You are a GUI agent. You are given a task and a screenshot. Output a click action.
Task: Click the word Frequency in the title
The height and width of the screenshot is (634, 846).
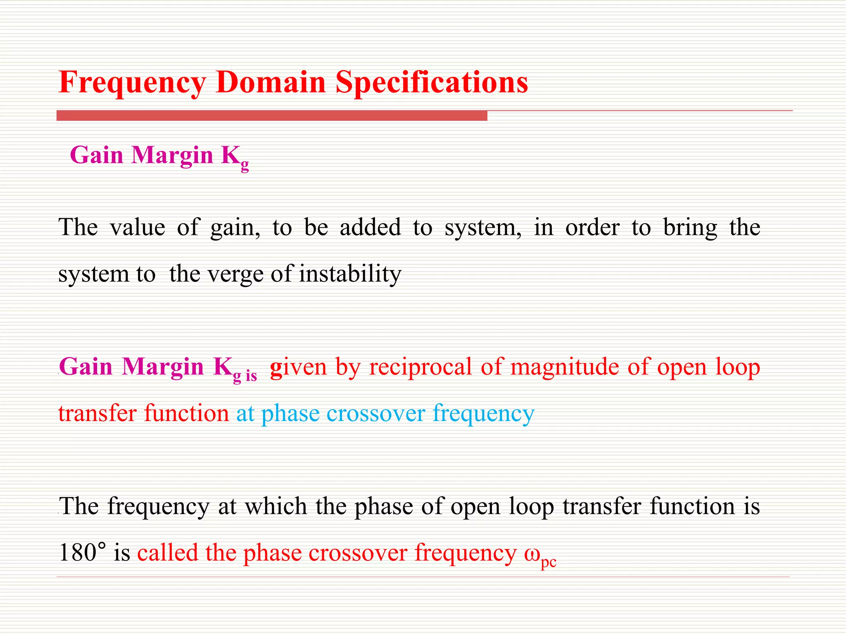132,83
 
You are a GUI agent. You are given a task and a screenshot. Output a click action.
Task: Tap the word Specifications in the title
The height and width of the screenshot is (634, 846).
431,83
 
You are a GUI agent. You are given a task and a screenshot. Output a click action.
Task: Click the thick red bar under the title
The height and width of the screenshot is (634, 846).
272,116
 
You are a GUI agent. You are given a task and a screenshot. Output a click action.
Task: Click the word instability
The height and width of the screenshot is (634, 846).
350,274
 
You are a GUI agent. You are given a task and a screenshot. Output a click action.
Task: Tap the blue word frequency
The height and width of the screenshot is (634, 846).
483,414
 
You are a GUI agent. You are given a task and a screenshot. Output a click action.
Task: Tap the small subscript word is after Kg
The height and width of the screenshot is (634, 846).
251,376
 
